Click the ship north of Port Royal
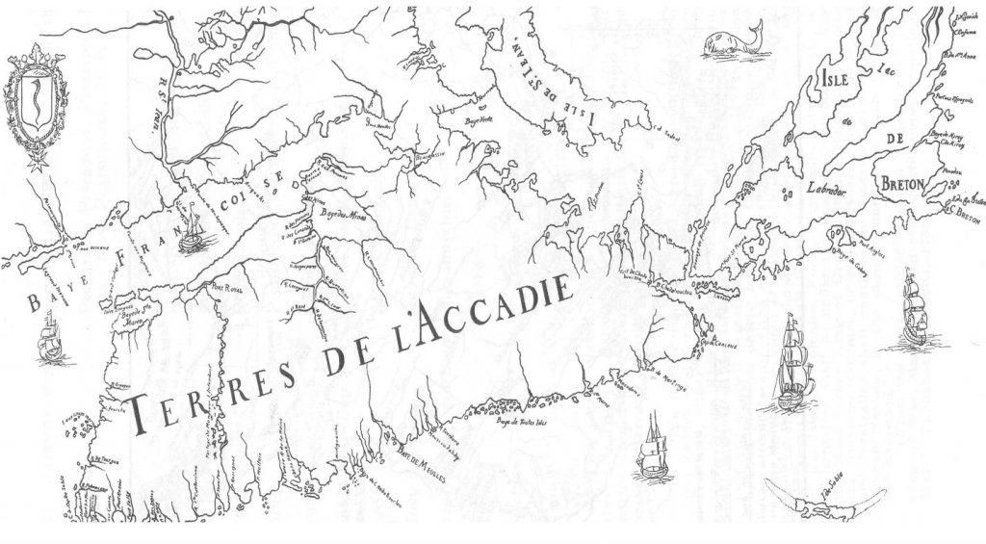click(195, 232)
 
